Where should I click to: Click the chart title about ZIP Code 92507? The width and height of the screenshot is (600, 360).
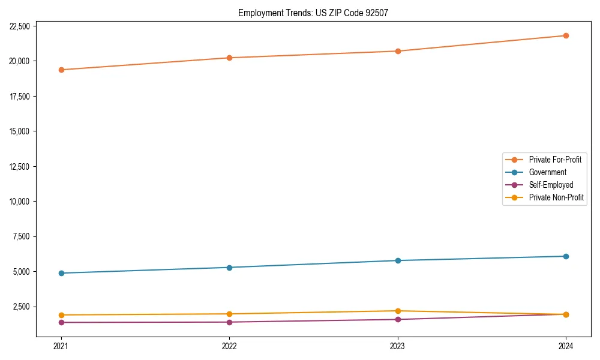click(313, 13)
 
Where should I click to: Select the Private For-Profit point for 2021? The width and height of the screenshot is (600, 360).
click(61, 70)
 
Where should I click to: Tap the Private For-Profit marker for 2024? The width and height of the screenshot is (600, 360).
click(566, 35)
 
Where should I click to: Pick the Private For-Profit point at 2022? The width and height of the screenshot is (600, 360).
click(229, 58)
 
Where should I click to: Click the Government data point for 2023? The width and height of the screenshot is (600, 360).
click(398, 260)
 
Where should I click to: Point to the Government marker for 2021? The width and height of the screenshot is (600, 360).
click(61, 273)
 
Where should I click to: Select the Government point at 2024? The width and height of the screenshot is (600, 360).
click(566, 256)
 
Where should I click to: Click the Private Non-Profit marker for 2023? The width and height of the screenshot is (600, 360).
click(398, 311)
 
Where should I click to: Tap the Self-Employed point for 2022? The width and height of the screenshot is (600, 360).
click(229, 322)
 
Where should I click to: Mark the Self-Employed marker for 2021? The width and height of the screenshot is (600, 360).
click(61, 322)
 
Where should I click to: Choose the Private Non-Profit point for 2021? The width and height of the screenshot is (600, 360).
click(61, 315)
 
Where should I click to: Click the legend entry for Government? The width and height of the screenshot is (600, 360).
click(547, 172)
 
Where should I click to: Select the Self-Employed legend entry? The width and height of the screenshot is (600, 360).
click(551, 185)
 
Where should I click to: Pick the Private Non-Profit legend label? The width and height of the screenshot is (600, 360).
click(556, 197)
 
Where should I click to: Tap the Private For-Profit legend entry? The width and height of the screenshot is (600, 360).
click(555, 160)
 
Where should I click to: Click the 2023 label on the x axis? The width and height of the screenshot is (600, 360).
click(398, 346)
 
